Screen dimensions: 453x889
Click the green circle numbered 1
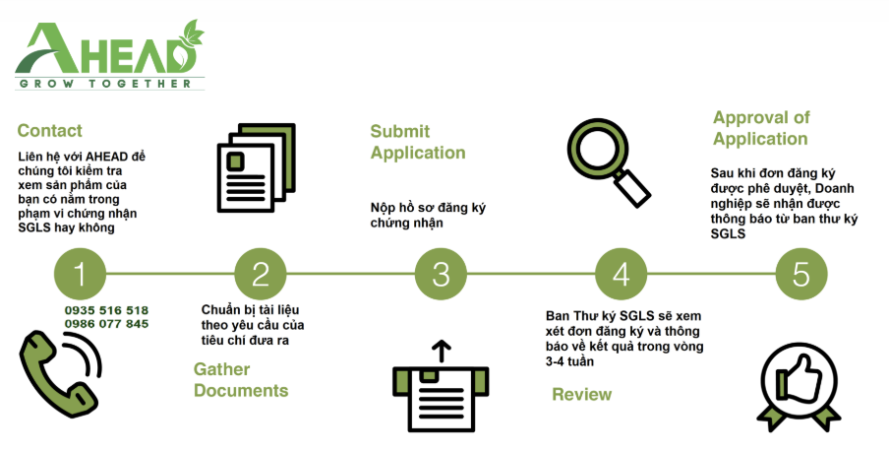pos(81,273)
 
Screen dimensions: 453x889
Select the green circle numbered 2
pos(261,273)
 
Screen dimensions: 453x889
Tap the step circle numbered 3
pos(441,273)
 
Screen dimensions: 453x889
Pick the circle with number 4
pos(622,273)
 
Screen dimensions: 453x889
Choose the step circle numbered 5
pos(801,273)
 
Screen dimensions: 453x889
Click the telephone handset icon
pos(60,373)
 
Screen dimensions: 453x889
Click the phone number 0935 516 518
pos(106,310)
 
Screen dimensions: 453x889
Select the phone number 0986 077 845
pos(106,324)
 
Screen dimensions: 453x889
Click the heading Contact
pos(50,131)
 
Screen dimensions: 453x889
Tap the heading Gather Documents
pos(241,380)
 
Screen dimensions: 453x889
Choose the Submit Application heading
pos(418,142)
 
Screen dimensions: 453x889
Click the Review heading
pos(581,395)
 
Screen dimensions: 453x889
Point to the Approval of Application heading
pos(761,128)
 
